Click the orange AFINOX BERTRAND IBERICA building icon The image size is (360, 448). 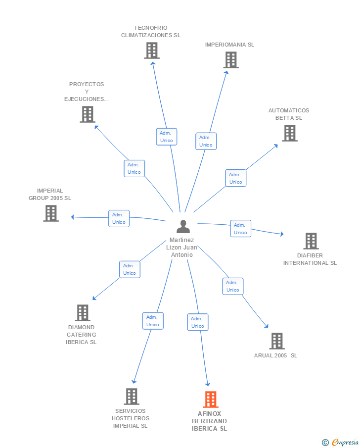[x=211, y=399]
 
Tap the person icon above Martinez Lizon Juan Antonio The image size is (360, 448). [x=183, y=226]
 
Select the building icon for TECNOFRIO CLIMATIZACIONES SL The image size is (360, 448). [x=152, y=50]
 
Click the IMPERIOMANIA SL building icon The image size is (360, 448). [x=230, y=60]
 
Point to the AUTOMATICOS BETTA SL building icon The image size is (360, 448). [x=290, y=133]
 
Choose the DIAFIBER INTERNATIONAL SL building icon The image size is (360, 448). [x=311, y=241]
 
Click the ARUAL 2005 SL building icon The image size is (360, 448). [x=277, y=341]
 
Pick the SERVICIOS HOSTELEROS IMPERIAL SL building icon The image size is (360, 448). [x=132, y=397]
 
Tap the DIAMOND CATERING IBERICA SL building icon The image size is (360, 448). [x=83, y=312]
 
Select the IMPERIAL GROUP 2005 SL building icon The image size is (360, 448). [x=51, y=213]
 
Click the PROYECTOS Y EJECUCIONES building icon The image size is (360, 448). [x=88, y=114]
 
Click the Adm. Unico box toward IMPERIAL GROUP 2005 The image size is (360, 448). [x=119, y=219]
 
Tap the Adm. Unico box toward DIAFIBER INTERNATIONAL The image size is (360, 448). [x=241, y=229]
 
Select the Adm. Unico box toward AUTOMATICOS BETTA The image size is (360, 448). [x=235, y=178]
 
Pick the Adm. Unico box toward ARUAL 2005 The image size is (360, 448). [x=233, y=286]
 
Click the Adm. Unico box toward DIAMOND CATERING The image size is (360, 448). [x=130, y=269]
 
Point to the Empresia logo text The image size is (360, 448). [x=345, y=442]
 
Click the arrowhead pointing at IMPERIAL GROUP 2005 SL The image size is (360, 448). [x=73, y=217]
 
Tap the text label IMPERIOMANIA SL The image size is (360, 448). [x=229, y=45]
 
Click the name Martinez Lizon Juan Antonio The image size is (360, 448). [x=182, y=248]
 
